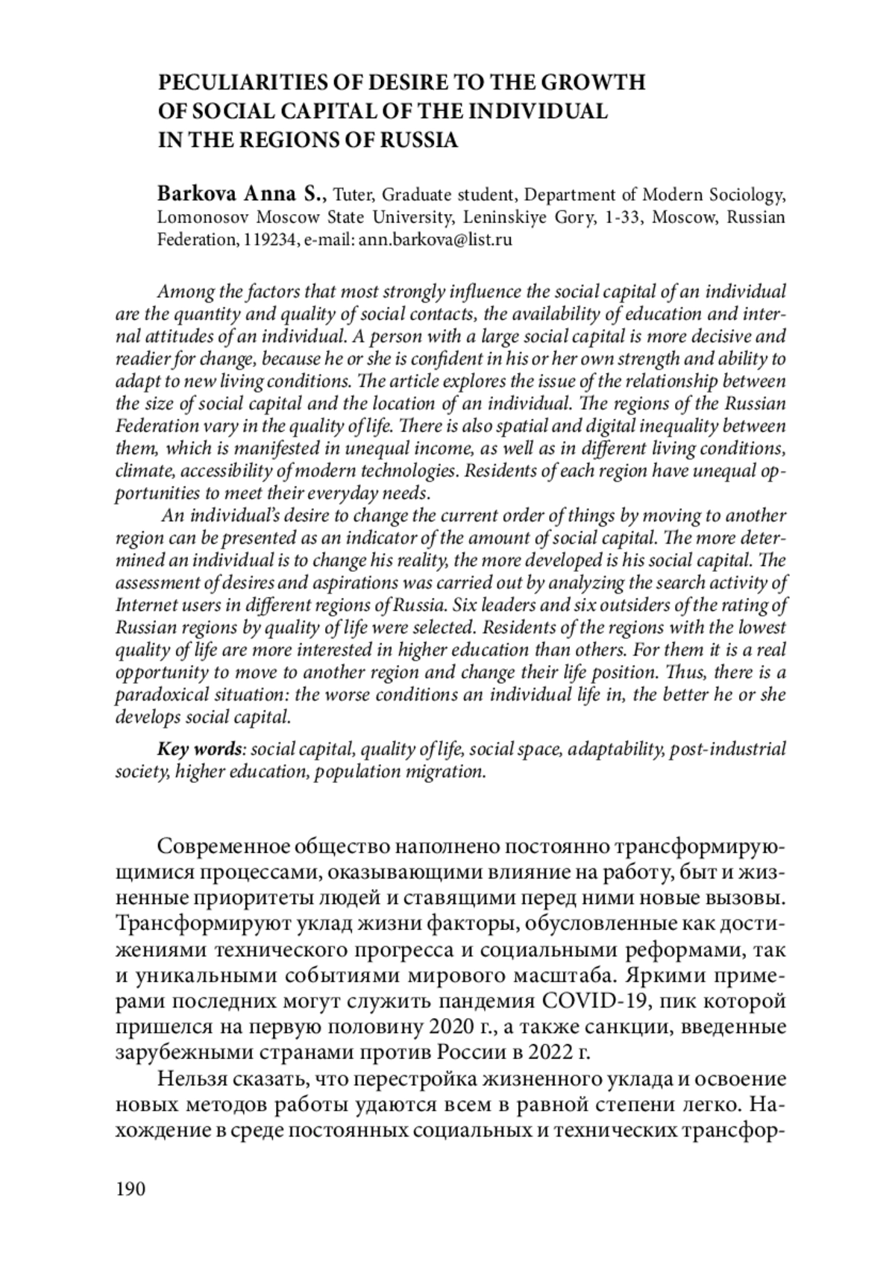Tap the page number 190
tap(131, 1189)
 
